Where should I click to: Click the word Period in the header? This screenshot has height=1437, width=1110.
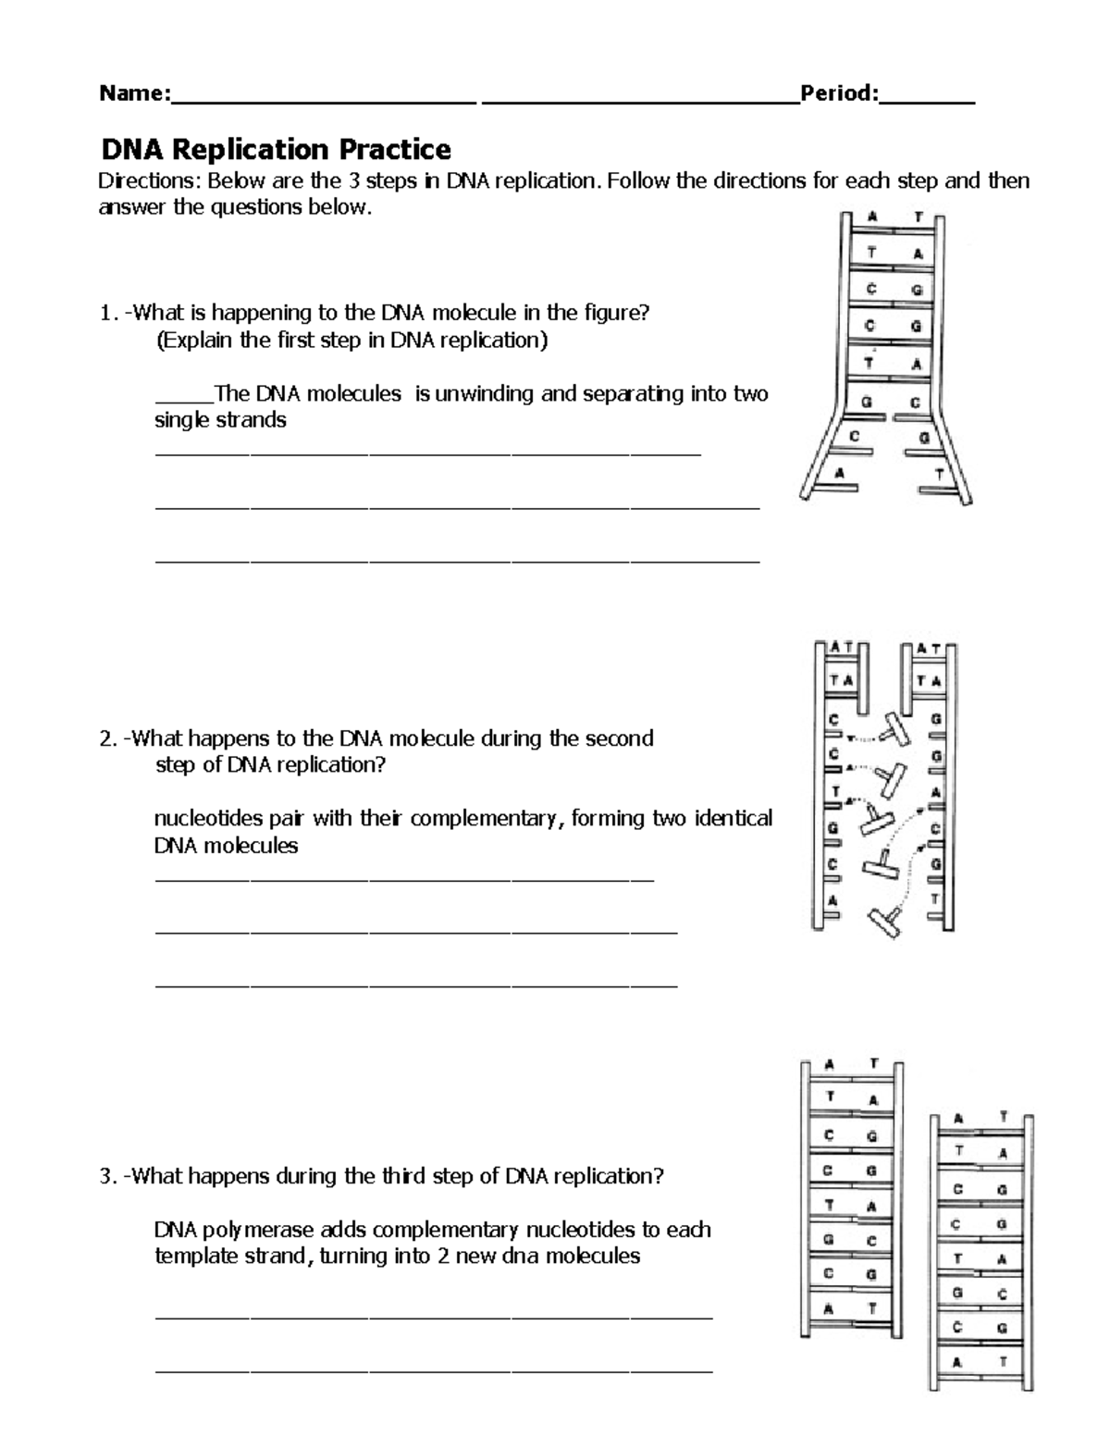pyautogui.click(x=836, y=93)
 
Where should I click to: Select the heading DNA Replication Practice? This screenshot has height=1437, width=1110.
pyautogui.click(x=276, y=149)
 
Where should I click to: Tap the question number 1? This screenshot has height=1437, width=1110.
pyautogui.click(x=105, y=314)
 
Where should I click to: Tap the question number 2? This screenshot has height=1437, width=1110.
pyautogui.click(x=105, y=738)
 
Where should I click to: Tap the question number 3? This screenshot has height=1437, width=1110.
pyautogui.click(x=105, y=1176)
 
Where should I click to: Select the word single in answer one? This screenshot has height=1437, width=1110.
pyautogui.click(x=182, y=420)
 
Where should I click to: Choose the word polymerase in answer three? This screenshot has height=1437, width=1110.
pyautogui.click(x=258, y=1230)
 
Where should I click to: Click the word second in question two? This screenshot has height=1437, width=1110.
pyautogui.click(x=621, y=738)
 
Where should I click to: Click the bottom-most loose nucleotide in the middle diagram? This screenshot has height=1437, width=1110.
pyautogui.click(x=886, y=922)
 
